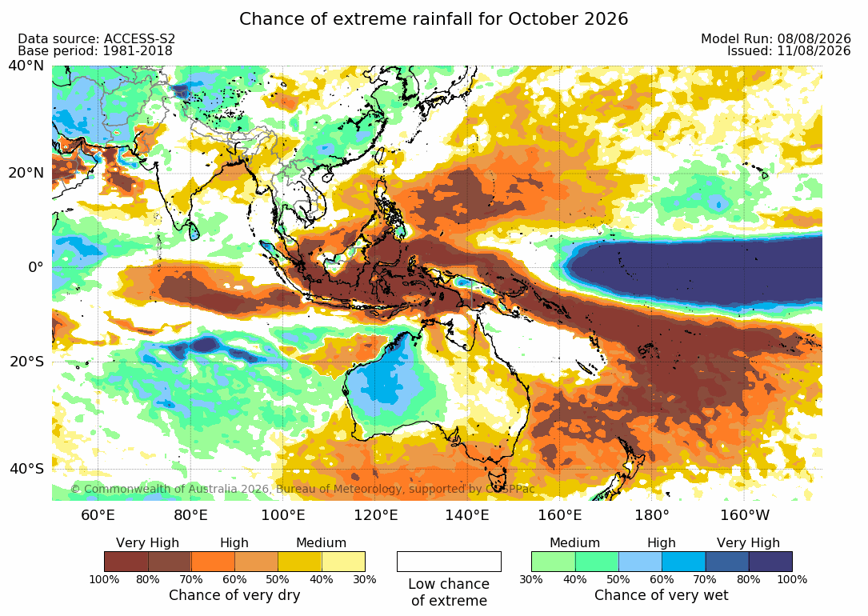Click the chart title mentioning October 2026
(434, 19)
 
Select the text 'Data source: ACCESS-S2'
(96, 38)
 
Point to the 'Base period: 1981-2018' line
(94, 51)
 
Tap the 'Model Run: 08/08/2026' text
(775, 38)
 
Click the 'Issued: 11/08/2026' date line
(789, 51)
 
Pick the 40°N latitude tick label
(26, 66)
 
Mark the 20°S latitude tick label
(26, 362)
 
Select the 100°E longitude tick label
(283, 515)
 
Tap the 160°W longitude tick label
(745, 515)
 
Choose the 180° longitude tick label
(652, 515)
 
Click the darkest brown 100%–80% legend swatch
(126, 562)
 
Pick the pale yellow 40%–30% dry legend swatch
(343, 562)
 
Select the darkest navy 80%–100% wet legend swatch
(770, 562)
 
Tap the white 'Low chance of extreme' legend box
(449, 562)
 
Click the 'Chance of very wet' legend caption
(662, 595)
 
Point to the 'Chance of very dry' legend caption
(234, 595)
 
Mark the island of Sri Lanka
(194, 230)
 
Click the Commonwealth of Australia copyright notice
(302, 489)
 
